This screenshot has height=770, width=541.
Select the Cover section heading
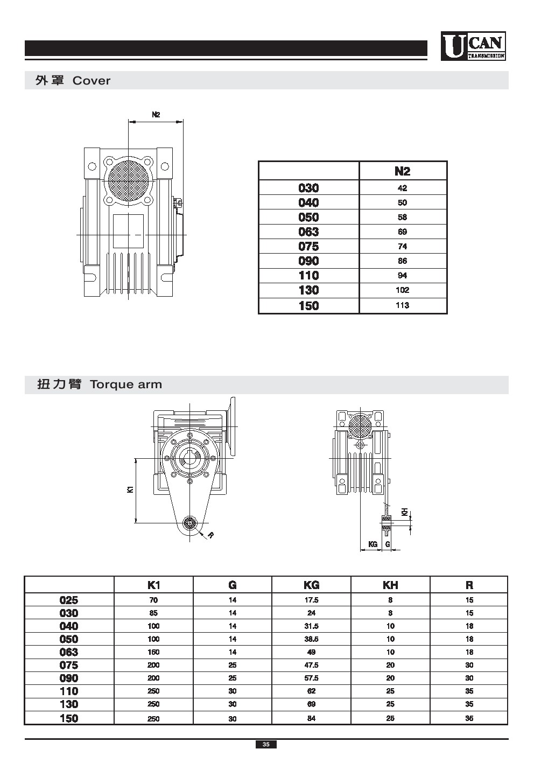pos(73,81)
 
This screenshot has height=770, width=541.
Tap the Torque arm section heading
pos(99,384)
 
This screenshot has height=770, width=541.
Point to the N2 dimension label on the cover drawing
pos(156,114)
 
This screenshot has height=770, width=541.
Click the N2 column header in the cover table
pos(402,171)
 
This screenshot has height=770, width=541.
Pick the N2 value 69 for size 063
pos(402,232)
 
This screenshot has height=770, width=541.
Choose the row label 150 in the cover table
pos(308,306)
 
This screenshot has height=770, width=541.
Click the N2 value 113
pos(402,305)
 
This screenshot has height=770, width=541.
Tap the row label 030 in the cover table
pos(308,188)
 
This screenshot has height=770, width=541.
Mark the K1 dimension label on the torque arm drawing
pos(130,489)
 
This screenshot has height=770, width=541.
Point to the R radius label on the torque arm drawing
pos(210,535)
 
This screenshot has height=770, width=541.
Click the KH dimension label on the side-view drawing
pos(404,512)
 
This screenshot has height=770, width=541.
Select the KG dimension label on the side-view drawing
pos(373,544)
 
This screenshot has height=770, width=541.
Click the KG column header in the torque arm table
pos(311,585)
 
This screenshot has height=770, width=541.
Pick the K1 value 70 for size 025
pos(153,600)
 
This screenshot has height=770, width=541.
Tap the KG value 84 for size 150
pos(311,718)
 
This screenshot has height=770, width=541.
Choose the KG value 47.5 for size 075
pos(311,665)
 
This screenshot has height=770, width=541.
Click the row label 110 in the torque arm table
pos(69,691)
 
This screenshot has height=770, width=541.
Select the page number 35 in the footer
pos(266,745)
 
